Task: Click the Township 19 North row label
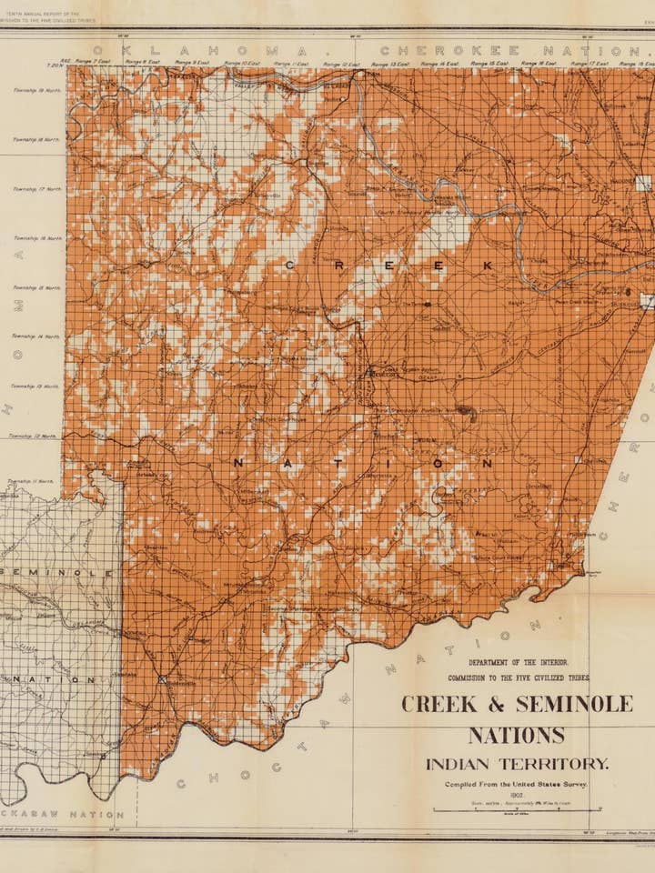click(x=37, y=90)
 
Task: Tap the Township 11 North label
click(x=31, y=481)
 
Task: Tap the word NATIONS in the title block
click(x=517, y=735)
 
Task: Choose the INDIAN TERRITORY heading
click(x=517, y=764)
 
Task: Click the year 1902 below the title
click(x=516, y=794)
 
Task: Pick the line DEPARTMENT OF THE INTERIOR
click(x=517, y=663)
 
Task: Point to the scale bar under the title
click(x=516, y=809)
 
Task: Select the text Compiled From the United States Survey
click(x=516, y=783)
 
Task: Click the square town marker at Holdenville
click(x=163, y=678)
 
